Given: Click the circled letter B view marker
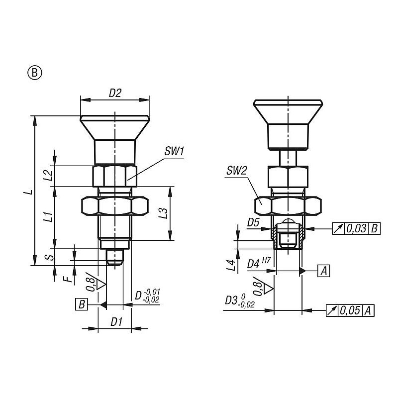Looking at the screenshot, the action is [35, 73].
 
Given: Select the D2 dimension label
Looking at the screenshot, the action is [115, 94].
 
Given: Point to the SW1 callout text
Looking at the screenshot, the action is [174, 152].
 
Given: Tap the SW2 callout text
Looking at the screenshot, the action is [237, 171].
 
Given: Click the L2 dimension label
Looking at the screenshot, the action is [48, 176].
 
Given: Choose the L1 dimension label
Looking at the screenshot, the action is [48, 216].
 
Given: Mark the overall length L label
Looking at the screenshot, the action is [28, 192].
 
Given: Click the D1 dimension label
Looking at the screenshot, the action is [116, 322].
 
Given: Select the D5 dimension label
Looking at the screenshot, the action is [253, 222].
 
